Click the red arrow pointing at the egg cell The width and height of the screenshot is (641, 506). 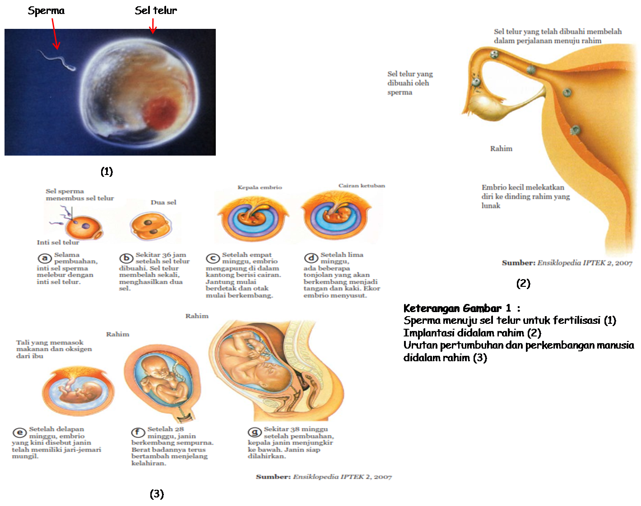coord(153,27)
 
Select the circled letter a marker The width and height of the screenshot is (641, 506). coord(44,258)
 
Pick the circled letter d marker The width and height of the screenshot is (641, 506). coord(311,258)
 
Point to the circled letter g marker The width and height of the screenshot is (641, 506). coord(255,432)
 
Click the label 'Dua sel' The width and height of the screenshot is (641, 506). coord(163,202)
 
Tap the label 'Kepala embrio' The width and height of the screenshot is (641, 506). coord(260,187)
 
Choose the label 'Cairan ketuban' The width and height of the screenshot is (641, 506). coord(362,185)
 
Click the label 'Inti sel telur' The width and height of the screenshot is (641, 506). coord(58,243)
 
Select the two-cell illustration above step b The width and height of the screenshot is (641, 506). coord(150,226)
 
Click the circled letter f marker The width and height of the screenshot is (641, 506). coord(138,432)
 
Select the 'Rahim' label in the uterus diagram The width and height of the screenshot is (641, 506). coord(501,148)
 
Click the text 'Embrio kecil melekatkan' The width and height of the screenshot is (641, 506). coord(523,187)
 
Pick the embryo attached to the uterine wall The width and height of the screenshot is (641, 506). coord(575,130)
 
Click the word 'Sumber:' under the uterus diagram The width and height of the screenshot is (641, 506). coord(518,262)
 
